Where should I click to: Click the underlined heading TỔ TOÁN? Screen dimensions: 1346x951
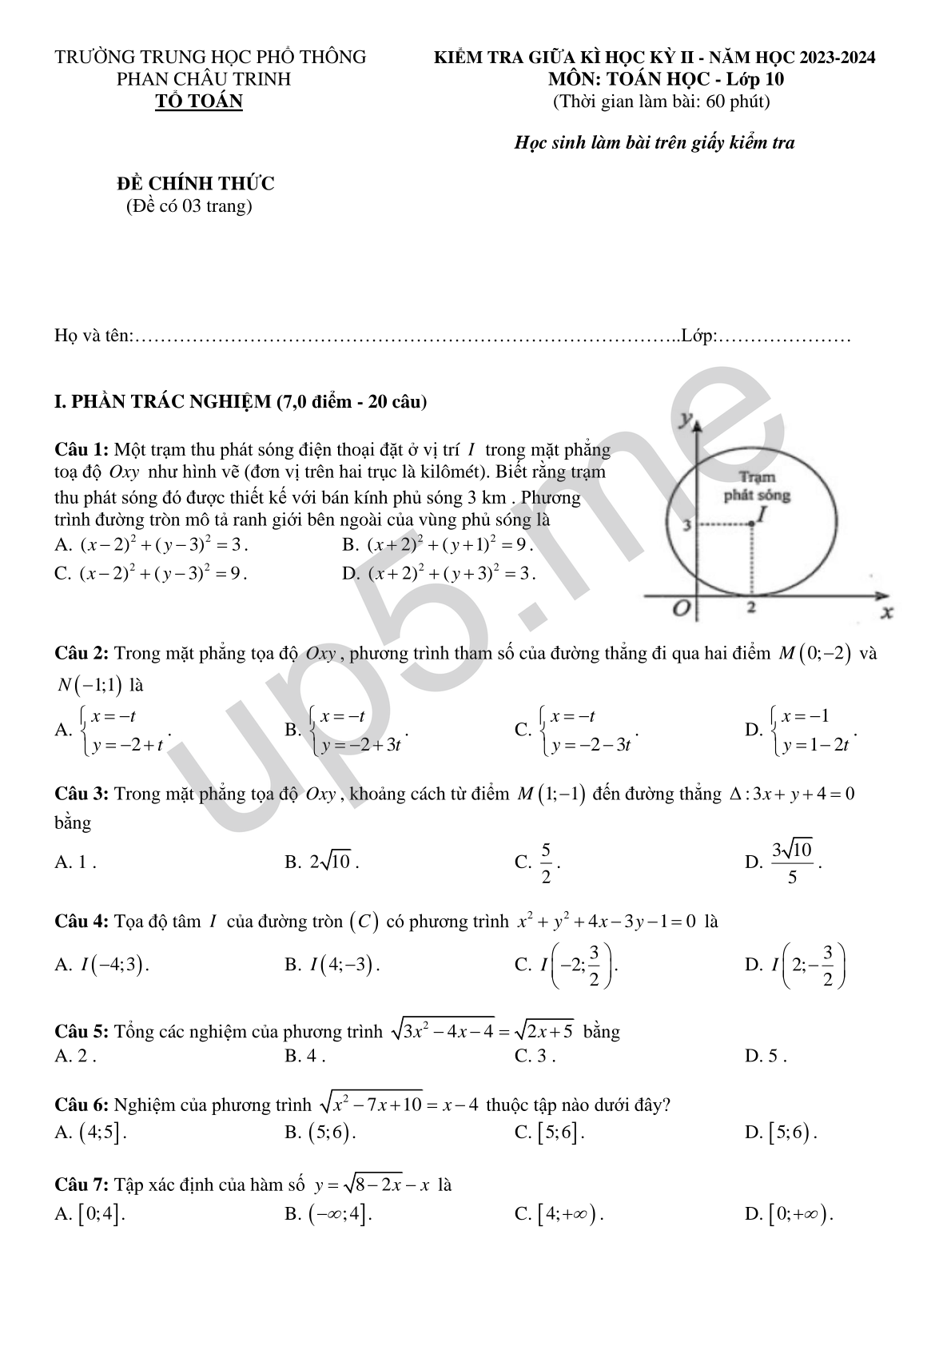198,102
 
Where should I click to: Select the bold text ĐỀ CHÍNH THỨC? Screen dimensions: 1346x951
195,184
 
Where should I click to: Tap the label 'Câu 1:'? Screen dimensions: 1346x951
81,450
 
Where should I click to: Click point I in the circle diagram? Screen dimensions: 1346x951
753,524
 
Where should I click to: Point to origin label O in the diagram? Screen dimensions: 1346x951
681,609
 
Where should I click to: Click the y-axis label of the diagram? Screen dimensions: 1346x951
685,419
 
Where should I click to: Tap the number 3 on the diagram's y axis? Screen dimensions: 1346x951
685,525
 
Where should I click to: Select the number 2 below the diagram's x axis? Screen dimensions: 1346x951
751,607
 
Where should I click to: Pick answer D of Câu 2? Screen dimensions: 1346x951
802,731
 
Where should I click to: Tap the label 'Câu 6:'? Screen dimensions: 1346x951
81,1105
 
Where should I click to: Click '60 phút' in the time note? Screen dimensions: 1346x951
738,102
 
